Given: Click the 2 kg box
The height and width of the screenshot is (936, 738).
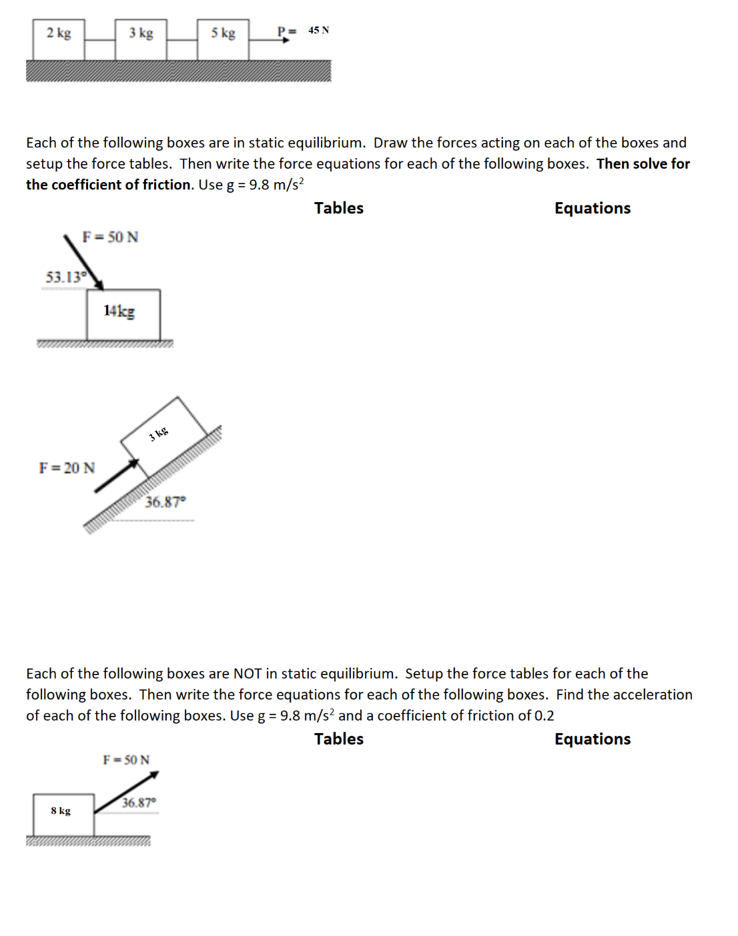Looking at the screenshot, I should (x=59, y=39).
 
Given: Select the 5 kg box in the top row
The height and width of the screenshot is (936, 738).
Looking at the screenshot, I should (x=223, y=39).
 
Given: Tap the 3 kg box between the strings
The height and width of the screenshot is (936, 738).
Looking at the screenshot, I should (x=141, y=39).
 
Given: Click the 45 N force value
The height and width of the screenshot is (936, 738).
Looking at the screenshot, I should (x=318, y=31).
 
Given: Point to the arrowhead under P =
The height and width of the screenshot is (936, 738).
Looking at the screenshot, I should (x=286, y=40).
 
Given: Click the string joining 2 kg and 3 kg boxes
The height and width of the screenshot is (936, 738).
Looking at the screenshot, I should (x=99, y=40).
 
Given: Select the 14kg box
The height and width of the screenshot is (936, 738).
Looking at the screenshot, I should (x=123, y=315).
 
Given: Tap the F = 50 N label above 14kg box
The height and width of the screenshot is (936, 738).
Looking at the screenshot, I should (x=110, y=238).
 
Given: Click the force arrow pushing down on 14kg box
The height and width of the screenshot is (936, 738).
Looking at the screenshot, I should (x=84, y=262).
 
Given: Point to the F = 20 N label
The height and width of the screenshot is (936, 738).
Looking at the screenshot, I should (x=67, y=468).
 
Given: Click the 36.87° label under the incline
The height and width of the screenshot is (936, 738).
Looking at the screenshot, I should (x=165, y=502).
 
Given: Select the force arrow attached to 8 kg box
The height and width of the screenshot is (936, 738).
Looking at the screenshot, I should (x=126, y=793).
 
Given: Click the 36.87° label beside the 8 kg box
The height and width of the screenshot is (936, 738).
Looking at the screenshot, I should (x=139, y=803).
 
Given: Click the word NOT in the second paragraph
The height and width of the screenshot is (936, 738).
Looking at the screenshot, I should (x=248, y=674).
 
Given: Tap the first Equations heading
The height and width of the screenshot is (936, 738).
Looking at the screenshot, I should (x=592, y=208).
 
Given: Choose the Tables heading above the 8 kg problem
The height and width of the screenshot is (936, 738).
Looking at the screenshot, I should (x=339, y=739).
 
